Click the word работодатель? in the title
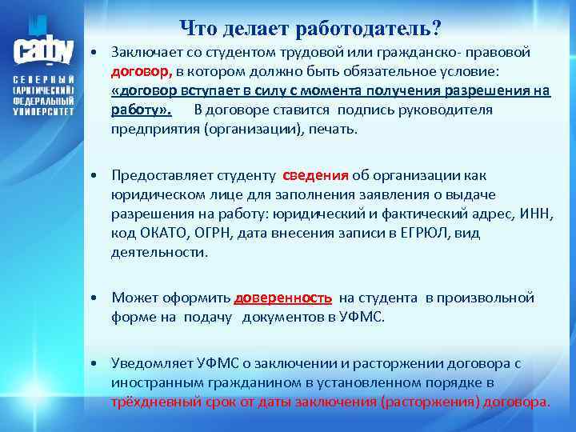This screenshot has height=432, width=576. pos(374,29)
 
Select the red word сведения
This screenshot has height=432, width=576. pos(316,176)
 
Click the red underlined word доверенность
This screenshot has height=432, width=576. pos(283,298)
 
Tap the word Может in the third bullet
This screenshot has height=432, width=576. pos(134,298)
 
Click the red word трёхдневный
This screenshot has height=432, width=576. pos(154,402)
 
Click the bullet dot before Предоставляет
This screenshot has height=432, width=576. pos(95,176)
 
